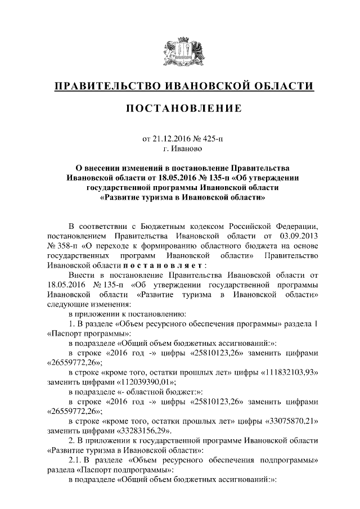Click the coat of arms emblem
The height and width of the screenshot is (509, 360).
pyautogui.click(x=179, y=51)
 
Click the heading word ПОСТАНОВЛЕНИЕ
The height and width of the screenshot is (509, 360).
pyautogui.click(x=180, y=108)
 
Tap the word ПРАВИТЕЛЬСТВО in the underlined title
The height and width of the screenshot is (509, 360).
pyautogui.click(x=104, y=86)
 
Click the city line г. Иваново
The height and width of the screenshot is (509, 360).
pyautogui.click(x=179, y=150)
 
